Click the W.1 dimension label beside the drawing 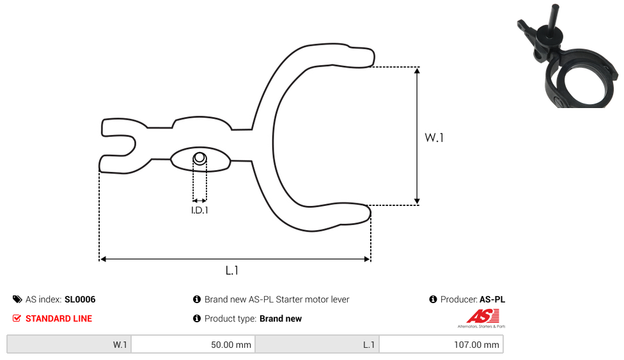433,137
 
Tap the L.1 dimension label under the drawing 231,270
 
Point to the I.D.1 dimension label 199,210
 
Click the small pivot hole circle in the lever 199,158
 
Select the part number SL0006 80,299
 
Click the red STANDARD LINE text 59,318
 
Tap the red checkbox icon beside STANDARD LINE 17,318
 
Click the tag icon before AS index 17,299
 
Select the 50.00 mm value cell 193,345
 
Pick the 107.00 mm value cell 441,345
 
